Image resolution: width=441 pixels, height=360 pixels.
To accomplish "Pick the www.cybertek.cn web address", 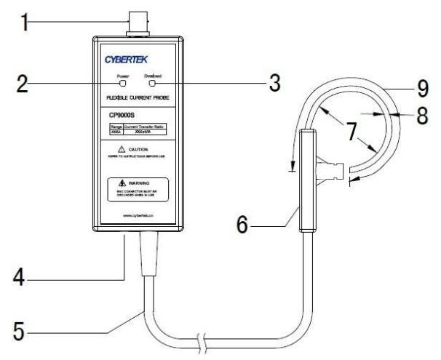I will click(x=138, y=217).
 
